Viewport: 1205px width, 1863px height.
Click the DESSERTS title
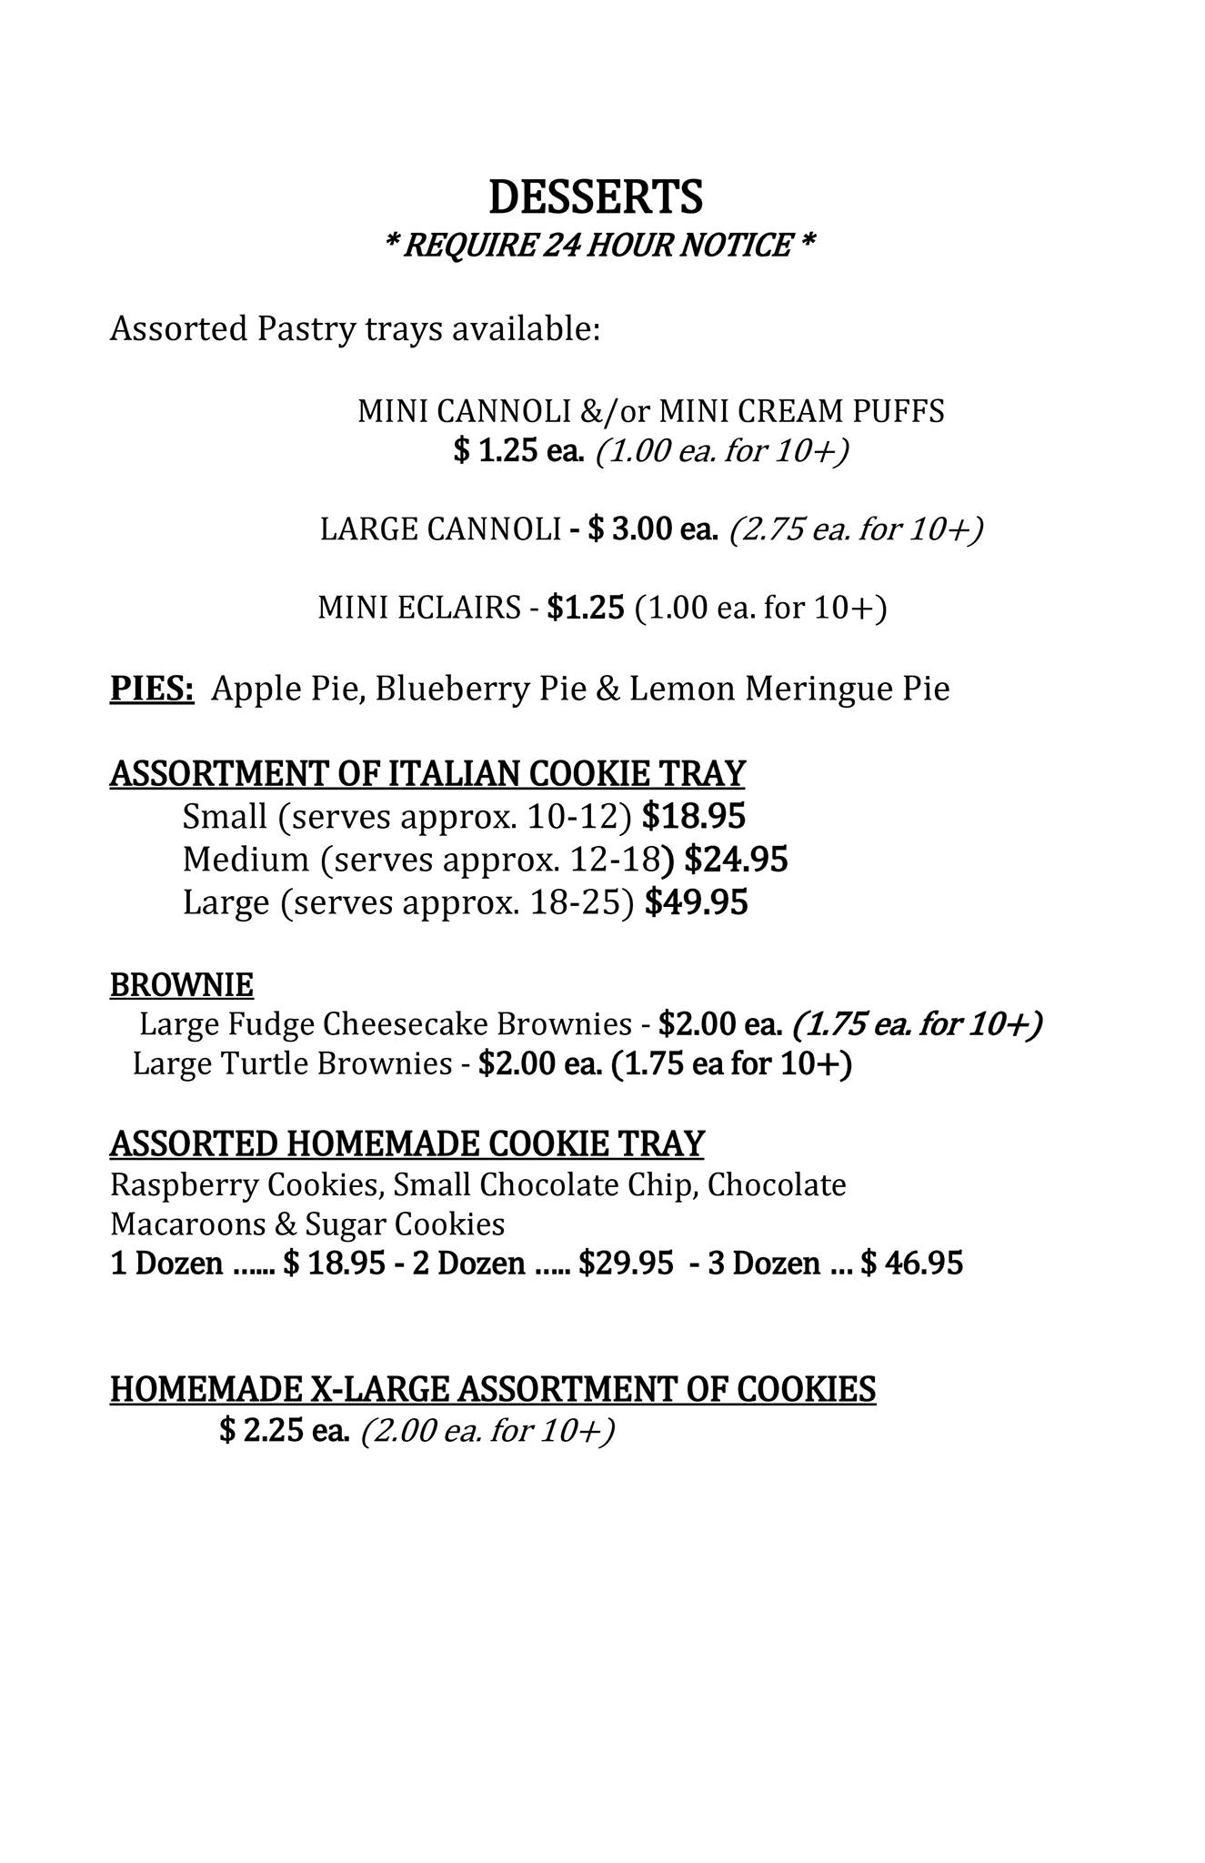point(596,197)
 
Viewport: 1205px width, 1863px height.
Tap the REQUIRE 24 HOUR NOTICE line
point(599,246)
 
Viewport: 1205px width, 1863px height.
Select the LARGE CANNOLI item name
point(440,529)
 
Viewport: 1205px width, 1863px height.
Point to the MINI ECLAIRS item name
point(418,607)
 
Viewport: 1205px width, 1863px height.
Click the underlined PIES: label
point(152,689)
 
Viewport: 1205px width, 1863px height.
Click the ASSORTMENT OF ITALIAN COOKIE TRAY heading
point(427,773)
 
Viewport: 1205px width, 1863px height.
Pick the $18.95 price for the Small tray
point(693,817)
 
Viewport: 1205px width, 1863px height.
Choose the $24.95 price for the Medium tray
point(736,859)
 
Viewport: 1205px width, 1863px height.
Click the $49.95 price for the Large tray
point(696,902)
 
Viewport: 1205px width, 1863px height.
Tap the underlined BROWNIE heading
point(182,984)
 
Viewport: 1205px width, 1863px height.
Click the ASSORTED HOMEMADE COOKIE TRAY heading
point(407,1143)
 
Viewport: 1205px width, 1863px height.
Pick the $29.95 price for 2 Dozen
point(626,1264)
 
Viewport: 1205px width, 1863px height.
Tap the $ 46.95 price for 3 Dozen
point(911,1264)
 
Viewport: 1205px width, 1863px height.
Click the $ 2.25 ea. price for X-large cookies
point(285,1431)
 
